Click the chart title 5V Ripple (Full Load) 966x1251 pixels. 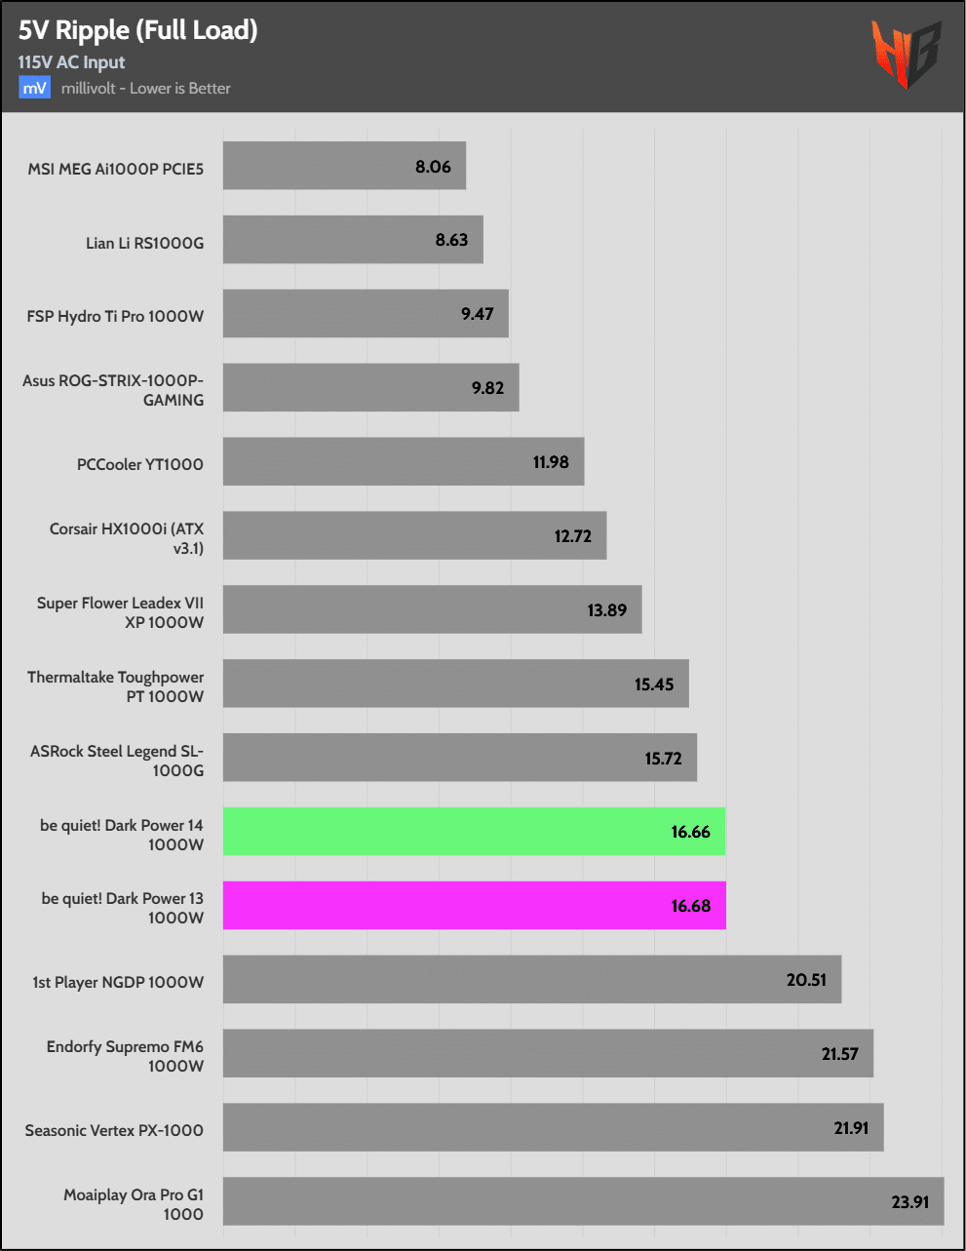tap(137, 30)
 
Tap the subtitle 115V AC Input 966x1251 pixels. tap(71, 62)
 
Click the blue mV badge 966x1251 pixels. tap(34, 88)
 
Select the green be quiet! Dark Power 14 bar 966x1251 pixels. tap(474, 832)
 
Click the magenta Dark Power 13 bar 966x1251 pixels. tap(474, 906)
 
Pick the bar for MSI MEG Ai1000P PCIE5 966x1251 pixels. tap(344, 166)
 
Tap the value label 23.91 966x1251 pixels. tap(909, 1201)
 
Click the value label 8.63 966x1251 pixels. tap(451, 240)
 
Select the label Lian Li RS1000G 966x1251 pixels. tap(144, 243)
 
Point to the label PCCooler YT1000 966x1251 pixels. tap(139, 464)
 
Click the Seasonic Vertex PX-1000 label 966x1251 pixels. tap(114, 1130)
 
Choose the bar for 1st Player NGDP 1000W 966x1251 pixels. tap(531, 979)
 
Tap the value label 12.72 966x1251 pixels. tap(572, 536)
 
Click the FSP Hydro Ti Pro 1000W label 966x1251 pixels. tap(115, 316)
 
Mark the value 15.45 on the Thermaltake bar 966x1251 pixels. tap(653, 684)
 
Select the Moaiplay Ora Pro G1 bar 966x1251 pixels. tap(583, 1201)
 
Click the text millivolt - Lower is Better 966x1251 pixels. tap(146, 88)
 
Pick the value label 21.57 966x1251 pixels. tap(839, 1054)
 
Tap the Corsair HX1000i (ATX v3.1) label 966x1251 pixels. tap(127, 538)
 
